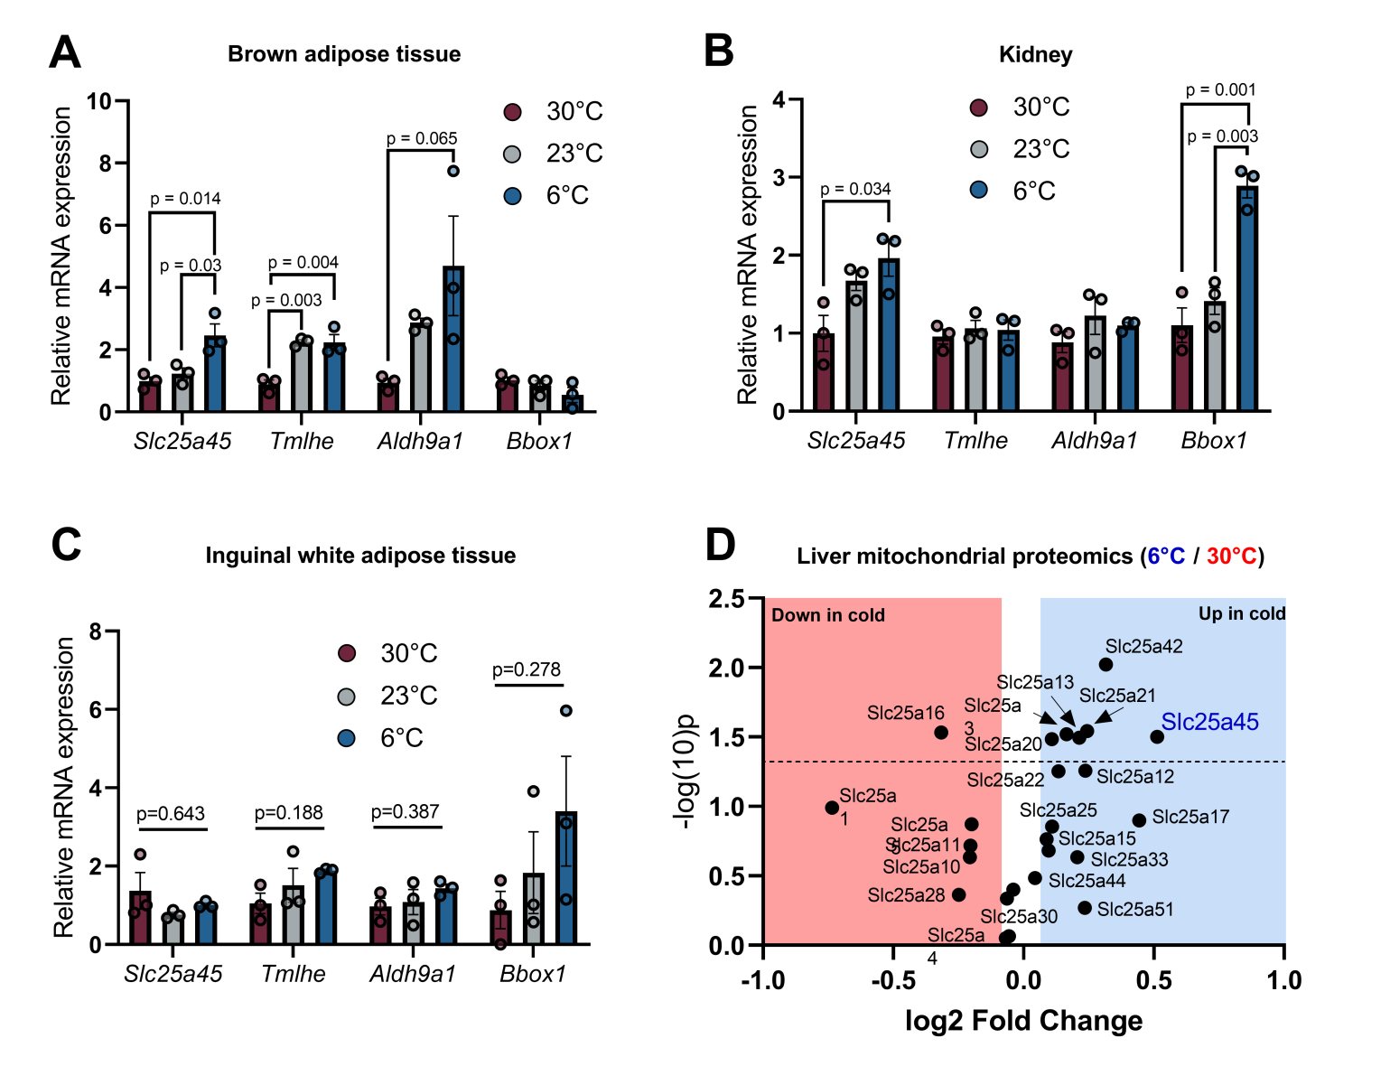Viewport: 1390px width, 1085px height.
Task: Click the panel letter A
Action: pos(64,52)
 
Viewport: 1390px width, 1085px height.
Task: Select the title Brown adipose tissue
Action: pos(344,54)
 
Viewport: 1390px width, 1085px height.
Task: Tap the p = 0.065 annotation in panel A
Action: pos(422,138)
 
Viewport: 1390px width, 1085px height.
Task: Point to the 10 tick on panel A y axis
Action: pos(99,101)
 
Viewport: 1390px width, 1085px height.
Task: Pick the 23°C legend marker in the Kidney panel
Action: pos(979,149)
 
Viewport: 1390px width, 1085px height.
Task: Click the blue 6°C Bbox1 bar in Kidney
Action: pos(1247,299)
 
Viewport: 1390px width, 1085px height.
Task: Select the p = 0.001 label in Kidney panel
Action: pos(1220,89)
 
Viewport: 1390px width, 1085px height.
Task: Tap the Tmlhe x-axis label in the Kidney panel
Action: pos(975,441)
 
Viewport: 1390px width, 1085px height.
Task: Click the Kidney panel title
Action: pos(1035,55)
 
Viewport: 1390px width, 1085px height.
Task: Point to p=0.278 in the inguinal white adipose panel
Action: pos(527,669)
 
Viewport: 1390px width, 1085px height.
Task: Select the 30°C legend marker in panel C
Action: pos(347,653)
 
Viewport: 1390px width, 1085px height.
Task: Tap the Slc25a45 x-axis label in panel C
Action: pos(173,974)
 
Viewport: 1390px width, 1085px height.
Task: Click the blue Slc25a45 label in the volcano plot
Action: pos(1209,722)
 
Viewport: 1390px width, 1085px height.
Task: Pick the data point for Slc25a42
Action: pos(1105,665)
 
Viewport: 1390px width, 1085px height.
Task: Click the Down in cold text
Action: pos(828,615)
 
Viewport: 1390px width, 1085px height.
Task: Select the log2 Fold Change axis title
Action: pos(1023,1021)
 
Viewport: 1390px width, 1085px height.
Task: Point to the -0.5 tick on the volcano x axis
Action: pos(892,980)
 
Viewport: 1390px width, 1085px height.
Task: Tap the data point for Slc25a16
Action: pos(941,733)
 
